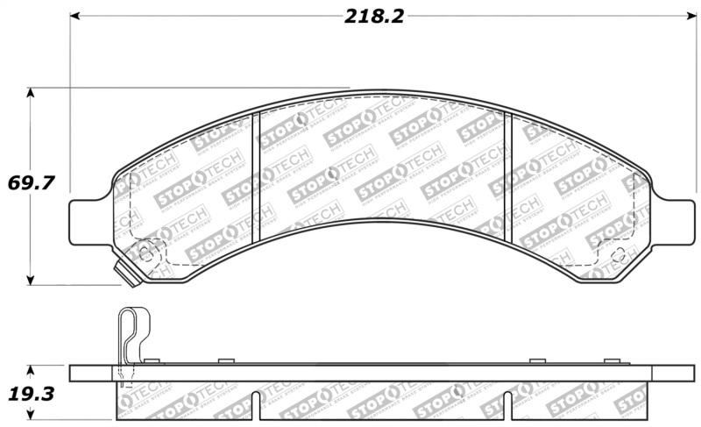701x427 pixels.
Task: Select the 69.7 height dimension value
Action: (32, 184)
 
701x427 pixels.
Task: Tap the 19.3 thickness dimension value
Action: (32, 395)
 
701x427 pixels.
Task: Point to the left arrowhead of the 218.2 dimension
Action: (75, 16)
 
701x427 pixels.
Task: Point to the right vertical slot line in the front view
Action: (510, 175)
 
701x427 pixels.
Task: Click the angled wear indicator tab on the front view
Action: (128, 275)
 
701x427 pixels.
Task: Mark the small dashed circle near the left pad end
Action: (145, 255)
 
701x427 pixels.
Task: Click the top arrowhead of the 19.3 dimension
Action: (32, 368)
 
